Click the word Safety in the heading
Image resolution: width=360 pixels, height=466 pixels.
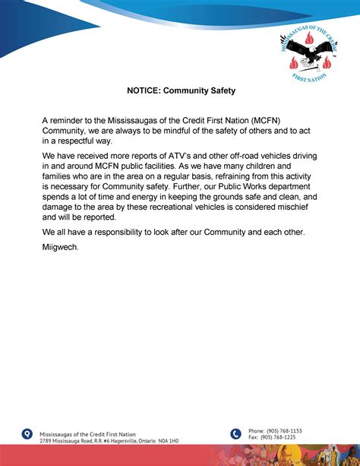click(221, 90)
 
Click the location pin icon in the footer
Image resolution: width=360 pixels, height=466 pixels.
click(28, 434)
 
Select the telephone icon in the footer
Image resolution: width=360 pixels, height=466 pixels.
click(235, 434)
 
